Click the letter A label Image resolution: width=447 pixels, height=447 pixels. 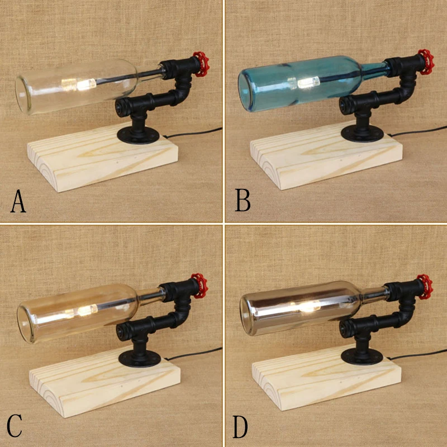(18, 201)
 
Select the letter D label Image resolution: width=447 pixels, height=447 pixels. (240, 426)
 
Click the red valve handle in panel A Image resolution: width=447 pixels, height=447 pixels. (201, 64)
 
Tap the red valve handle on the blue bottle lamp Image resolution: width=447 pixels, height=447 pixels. (426, 62)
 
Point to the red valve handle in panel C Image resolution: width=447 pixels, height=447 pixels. (199, 286)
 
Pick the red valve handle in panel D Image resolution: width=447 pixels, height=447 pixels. (425, 287)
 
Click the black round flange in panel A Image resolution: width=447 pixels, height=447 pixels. (138, 136)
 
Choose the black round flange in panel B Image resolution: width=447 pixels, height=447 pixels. (362, 134)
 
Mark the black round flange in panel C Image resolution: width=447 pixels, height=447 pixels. (140, 359)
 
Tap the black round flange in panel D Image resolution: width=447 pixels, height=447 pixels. (362, 356)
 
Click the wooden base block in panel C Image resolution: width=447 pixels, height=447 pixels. (104, 385)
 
